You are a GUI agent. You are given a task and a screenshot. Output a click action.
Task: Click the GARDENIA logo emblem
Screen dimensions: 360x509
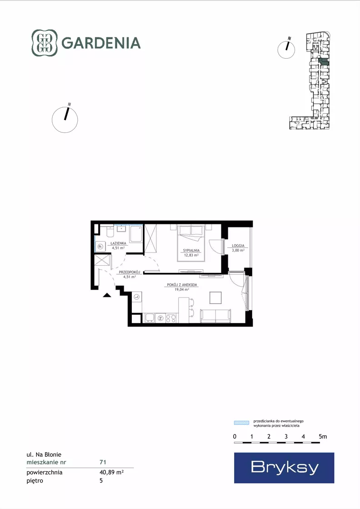tap(45, 43)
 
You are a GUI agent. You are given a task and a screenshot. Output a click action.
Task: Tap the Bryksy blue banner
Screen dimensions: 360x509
tap(284, 468)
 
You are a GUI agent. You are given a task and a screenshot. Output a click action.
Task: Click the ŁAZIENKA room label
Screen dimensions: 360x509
tap(118, 243)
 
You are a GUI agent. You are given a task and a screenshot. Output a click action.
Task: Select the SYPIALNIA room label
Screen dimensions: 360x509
tap(191, 251)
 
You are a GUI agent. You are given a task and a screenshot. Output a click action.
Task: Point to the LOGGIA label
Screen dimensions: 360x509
tap(238, 246)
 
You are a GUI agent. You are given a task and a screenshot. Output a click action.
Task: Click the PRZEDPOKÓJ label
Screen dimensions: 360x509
tap(130, 272)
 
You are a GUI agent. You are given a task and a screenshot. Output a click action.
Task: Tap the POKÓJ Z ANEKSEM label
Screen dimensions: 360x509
tap(182, 285)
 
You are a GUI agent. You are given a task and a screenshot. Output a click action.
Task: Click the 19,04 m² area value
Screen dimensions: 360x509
tap(182, 289)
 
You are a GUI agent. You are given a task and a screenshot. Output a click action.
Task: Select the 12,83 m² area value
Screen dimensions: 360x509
tap(191, 255)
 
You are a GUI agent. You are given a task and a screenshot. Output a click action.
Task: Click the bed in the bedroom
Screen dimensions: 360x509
tap(191, 242)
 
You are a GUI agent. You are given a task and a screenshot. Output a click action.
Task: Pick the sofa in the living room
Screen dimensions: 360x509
tap(215, 316)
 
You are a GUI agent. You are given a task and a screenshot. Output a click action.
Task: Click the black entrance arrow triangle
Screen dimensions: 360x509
tap(107, 295)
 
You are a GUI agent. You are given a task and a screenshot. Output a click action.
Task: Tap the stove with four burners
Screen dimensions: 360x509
tap(171, 318)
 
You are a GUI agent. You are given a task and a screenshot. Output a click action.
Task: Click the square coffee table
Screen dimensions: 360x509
tap(215, 297)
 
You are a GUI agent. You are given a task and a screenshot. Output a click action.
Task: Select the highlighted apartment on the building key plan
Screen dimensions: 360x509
tap(324, 62)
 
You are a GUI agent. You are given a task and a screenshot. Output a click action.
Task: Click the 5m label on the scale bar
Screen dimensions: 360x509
tap(323, 437)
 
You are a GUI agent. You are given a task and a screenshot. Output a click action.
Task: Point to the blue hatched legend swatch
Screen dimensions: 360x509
tap(242, 423)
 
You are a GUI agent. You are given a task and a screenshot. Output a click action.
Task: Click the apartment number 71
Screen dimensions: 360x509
tap(103, 462)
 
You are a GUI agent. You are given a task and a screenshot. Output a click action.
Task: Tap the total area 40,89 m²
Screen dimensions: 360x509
tap(111, 472)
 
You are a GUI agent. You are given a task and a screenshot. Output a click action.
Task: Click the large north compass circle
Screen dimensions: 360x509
tap(65, 120)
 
